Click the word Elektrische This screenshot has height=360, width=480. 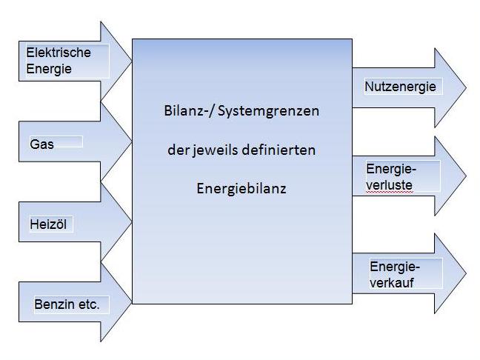click(59, 53)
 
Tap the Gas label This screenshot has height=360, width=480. click(42, 144)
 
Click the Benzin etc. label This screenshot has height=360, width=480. click(67, 304)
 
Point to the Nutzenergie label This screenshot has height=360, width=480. click(400, 87)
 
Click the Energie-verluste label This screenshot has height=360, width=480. click(390, 176)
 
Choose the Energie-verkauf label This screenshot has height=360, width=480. click(395, 274)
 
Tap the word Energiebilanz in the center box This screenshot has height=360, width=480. click(241, 188)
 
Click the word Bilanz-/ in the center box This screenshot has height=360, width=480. click(188, 111)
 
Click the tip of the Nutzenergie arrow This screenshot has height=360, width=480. click(466, 88)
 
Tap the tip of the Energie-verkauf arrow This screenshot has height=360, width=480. click(466, 273)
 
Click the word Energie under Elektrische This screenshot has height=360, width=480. click(49, 69)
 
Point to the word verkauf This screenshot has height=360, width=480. click(393, 282)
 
